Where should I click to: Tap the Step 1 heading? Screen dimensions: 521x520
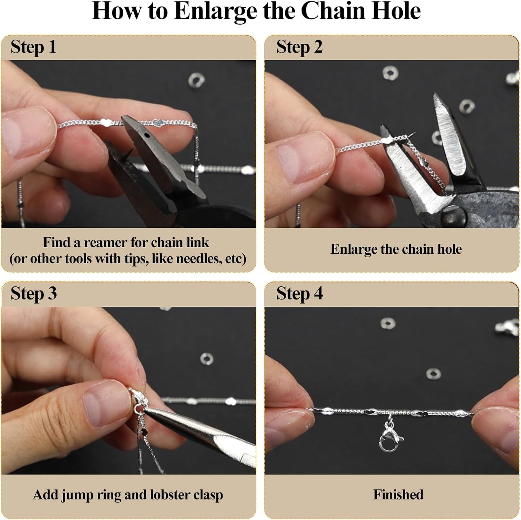[34, 47]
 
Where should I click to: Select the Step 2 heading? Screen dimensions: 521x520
[299, 47]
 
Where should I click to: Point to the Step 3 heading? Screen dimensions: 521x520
[34, 294]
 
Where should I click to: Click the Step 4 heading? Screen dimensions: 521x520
[299, 294]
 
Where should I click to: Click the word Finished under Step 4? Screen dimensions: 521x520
[398, 494]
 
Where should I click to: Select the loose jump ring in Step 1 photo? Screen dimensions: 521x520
[196, 81]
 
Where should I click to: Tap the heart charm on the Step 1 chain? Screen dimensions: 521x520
[157, 123]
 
